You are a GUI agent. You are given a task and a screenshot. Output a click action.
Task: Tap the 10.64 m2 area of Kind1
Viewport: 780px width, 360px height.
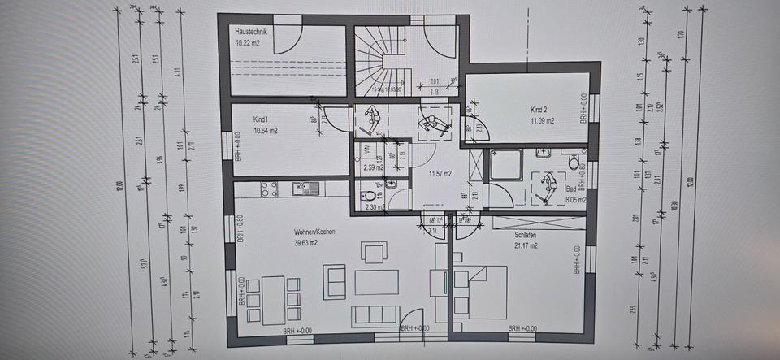244,130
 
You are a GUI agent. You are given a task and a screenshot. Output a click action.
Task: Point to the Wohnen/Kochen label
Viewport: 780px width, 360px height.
314,232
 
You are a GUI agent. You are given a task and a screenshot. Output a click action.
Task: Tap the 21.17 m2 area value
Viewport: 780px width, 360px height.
526,244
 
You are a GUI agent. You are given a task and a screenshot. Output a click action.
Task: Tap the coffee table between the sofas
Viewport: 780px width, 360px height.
376,282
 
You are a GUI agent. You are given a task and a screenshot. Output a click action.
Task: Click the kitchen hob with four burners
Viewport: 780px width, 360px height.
268,189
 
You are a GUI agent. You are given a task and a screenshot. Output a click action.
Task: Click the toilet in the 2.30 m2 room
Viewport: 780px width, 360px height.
370,196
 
